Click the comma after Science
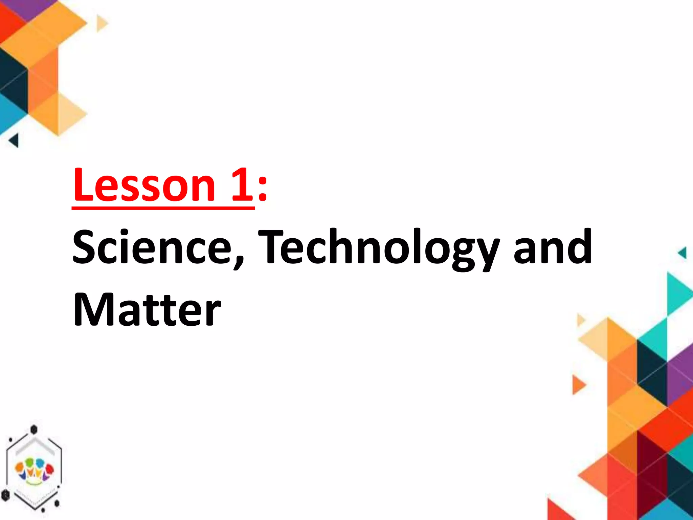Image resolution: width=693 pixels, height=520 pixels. [x=239, y=261]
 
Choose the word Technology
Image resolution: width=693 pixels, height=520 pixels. [x=378, y=249]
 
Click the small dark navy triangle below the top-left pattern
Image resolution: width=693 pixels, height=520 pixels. [x=14, y=140]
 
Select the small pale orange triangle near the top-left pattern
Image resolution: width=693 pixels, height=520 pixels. [x=101, y=23]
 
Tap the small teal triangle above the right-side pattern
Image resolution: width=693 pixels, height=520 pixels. [x=683, y=253]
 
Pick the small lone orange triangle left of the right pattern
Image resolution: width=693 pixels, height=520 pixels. [x=578, y=384]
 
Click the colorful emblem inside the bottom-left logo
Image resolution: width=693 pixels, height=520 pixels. [x=34, y=469]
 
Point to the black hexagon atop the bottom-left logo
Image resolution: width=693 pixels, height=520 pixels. [x=33, y=429]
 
